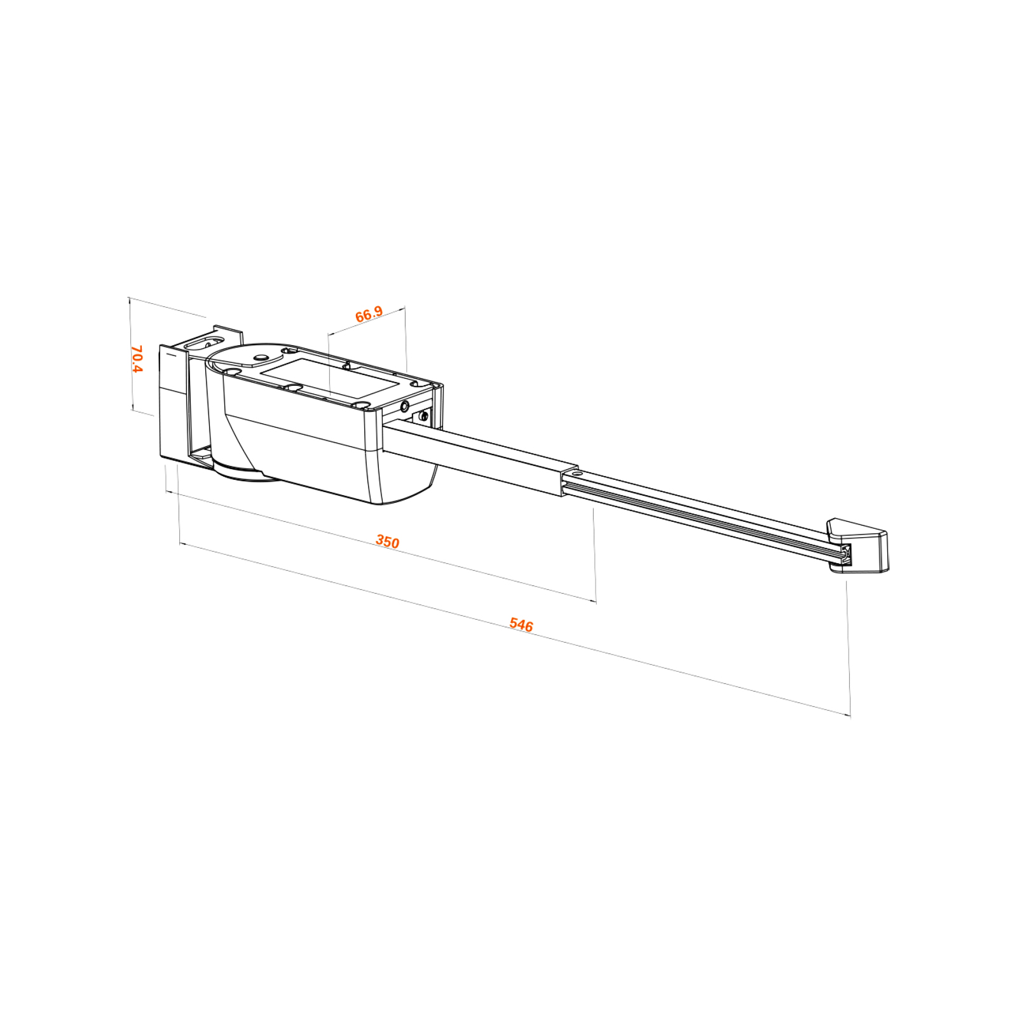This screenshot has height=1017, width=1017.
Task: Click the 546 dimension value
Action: point(521,625)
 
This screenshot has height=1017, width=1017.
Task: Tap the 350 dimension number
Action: point(388,542)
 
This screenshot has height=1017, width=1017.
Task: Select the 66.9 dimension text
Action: point(369,314)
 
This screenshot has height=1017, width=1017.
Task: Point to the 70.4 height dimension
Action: point(137,359)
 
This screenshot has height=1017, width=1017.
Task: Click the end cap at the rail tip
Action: point(857,545)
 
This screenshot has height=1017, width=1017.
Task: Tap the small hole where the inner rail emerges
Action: point(577,474)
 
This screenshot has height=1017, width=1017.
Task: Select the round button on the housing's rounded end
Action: point(260,358)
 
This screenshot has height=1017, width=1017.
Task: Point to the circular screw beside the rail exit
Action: point(405,406)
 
